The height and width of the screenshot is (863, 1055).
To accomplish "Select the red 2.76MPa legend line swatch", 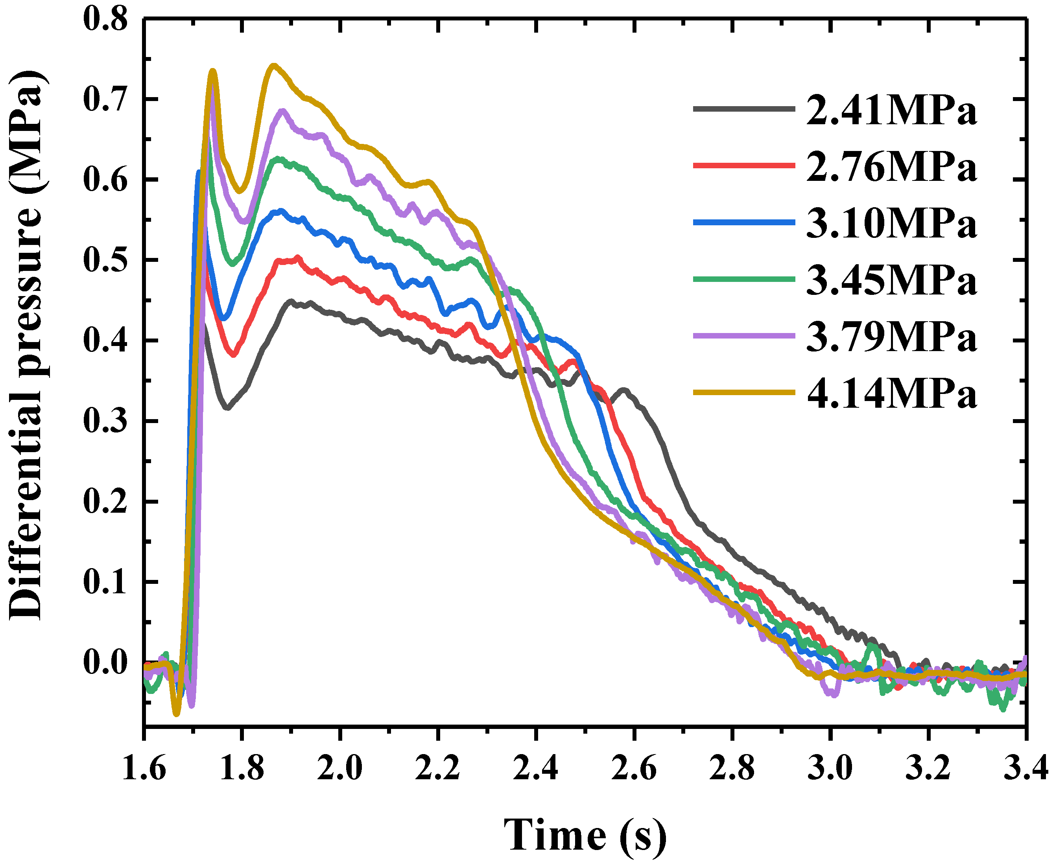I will click(x=743, y=165).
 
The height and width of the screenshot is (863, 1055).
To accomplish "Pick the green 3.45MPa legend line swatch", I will click(x=743, y=279).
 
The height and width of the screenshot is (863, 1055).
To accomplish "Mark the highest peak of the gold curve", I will click(x=273, y=65).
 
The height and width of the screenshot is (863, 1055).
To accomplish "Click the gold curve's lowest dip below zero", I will click(x=176, y=714).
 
